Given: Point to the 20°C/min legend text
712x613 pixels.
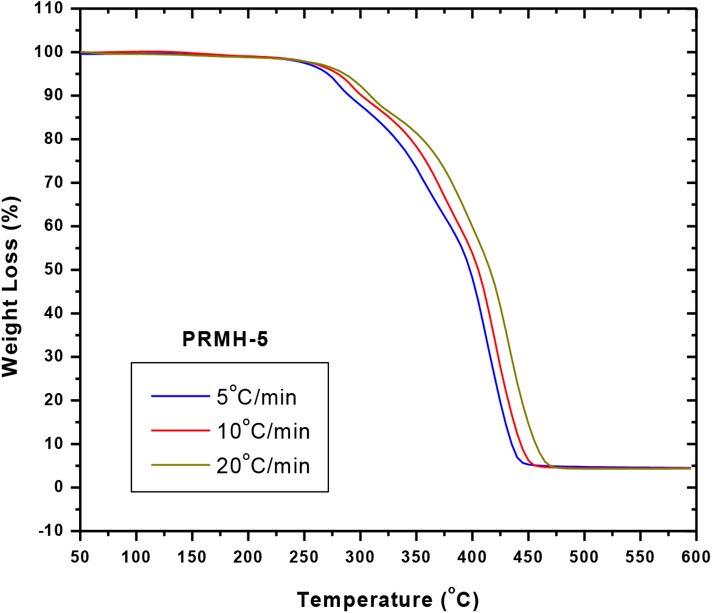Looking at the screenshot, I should pos(263,465).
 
